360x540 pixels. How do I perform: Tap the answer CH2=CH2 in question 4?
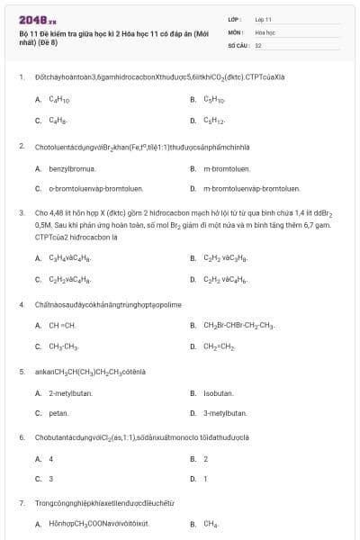click(219, 346)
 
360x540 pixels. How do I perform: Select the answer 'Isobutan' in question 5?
click(219, 393)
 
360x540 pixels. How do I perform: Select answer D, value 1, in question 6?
click(206, 479)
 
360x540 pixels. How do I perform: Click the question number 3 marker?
click(22, 213)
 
